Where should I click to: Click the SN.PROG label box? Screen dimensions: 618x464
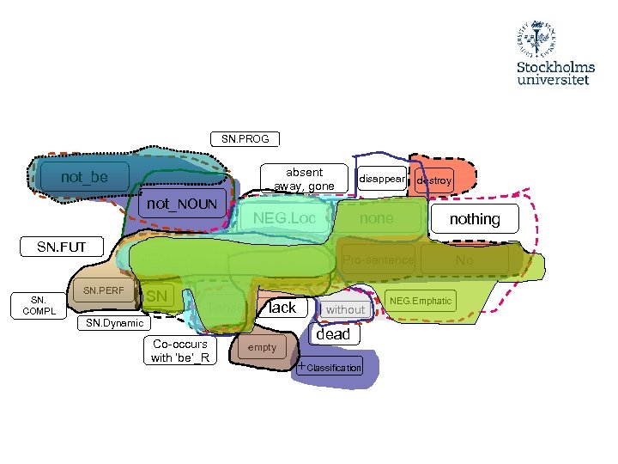point(245,138)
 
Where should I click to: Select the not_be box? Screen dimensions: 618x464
point(84,177)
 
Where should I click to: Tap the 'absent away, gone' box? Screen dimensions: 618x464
point(305,179)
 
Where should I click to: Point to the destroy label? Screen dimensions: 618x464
point(433,181)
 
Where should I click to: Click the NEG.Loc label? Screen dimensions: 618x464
point(284,219)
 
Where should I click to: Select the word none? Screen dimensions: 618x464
point(376,219)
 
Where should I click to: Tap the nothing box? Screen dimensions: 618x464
point(475,219)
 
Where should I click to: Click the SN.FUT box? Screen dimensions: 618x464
point(62,247)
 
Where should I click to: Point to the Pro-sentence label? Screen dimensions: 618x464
point(379,259)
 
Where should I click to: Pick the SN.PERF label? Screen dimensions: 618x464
point(103,290)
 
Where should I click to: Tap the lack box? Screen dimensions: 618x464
point(282,308)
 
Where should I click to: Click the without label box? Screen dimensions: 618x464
point(345,309)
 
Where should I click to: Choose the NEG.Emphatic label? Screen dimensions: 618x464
point(421,301)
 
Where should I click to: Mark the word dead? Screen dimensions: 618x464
point(333,334)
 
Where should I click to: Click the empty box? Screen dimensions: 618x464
point(262,347)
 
